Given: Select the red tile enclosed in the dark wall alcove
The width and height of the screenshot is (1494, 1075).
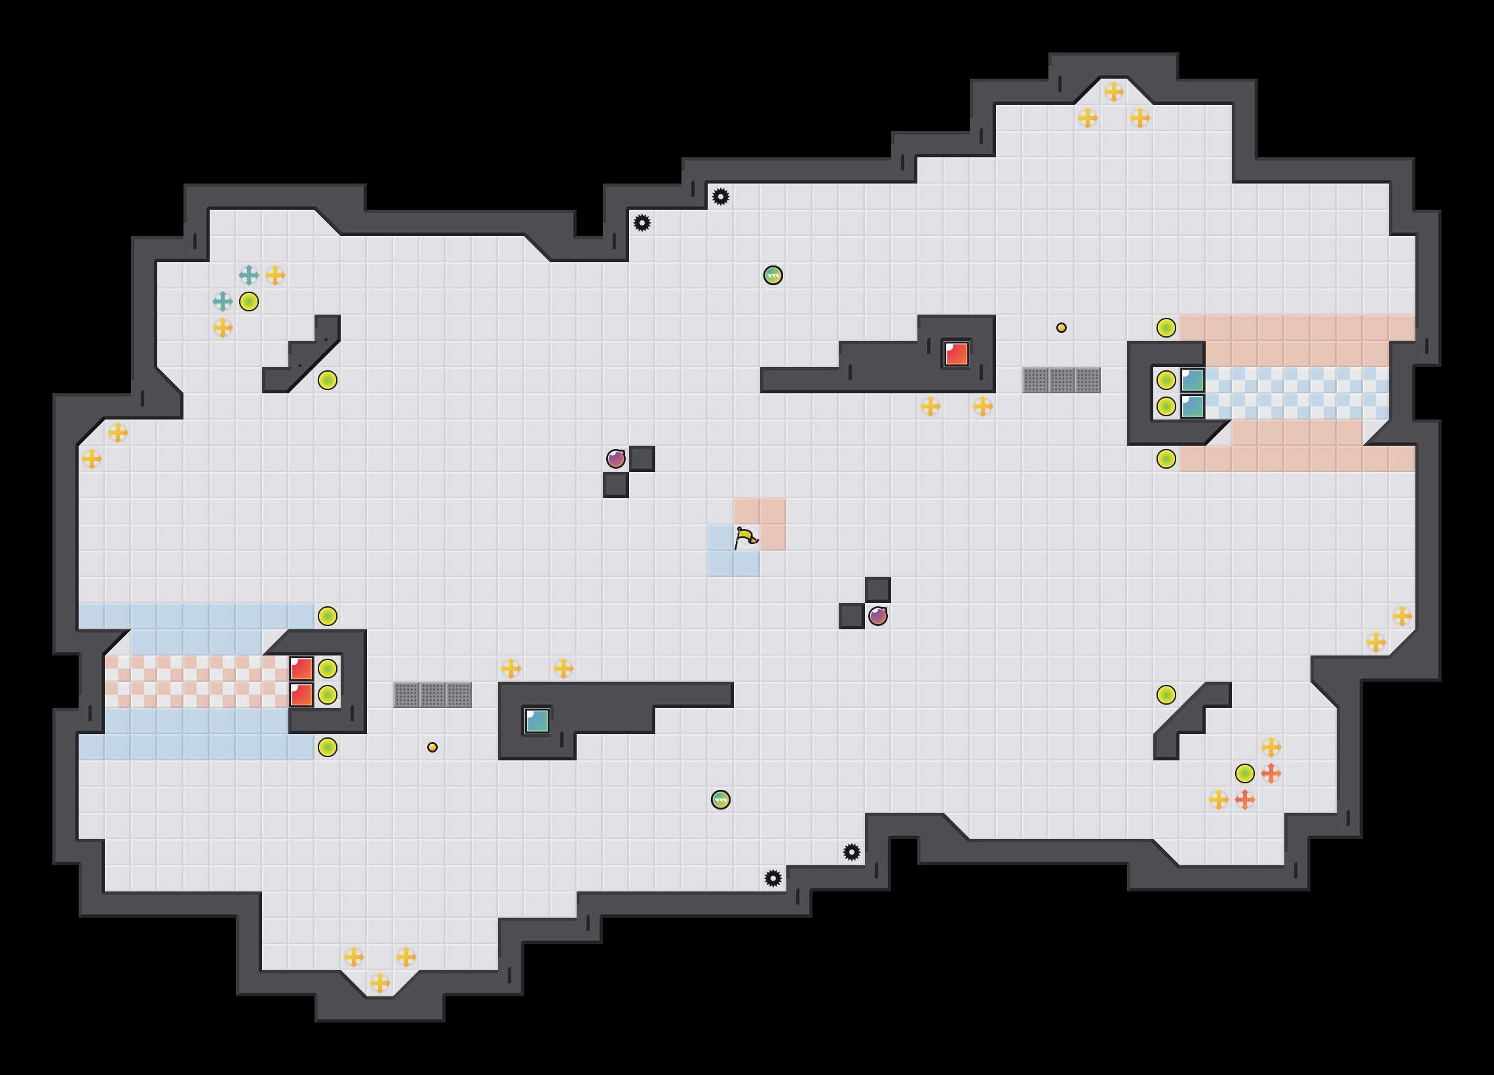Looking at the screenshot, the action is [956, 353].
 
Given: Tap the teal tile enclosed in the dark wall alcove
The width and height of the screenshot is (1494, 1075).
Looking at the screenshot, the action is [537, 720].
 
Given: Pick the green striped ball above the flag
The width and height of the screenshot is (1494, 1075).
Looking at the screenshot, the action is [773, 275].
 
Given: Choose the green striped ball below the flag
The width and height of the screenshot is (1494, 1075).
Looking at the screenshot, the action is [721, 800].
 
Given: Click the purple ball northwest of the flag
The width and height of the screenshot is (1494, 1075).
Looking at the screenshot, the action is [615, 458].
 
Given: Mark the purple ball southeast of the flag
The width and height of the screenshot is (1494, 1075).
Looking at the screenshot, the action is [877, 616].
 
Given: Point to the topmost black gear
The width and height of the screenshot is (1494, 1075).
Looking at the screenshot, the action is [721, 197].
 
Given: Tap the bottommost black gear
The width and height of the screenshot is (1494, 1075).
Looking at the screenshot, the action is [773, 878].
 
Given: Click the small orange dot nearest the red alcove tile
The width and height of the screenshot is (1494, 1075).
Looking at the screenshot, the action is [1062, 328].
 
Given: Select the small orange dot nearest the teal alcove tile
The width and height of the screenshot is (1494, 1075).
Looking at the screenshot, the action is [432, 747].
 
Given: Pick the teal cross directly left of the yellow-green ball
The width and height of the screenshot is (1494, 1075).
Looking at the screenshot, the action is [223, 302].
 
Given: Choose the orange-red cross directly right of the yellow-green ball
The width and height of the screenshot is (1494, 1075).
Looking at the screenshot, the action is [1271, 773].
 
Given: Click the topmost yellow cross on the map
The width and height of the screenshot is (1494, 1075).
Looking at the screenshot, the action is [1113, 92].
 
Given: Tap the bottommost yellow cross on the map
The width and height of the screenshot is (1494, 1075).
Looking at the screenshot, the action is [379, 983].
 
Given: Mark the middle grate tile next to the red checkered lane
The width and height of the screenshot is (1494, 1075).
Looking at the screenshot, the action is [432, 695].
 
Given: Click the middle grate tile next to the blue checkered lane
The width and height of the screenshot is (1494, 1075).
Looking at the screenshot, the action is [1062, 380].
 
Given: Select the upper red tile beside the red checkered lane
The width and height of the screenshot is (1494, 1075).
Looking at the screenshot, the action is [301, 669].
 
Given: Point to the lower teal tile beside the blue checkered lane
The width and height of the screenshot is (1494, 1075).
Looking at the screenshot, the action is [1193, 406].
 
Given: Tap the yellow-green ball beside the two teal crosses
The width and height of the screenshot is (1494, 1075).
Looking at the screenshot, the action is [248, 302].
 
